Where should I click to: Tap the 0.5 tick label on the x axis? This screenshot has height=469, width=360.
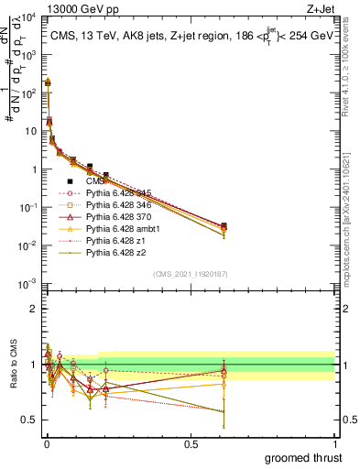tap(191, 442)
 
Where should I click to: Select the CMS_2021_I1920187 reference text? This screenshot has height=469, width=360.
tap(191, 274)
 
